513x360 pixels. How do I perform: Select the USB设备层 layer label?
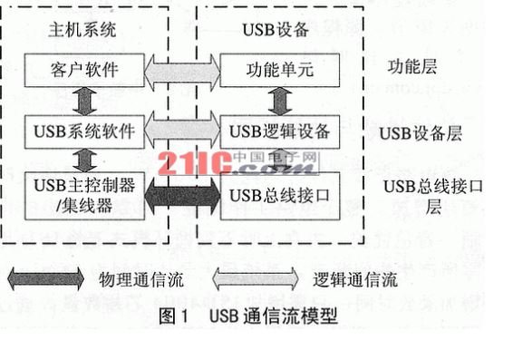tap(420, 133)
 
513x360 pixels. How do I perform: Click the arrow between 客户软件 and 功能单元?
tap(182, 67)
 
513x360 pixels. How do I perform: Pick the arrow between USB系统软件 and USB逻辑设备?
tap(182, 132)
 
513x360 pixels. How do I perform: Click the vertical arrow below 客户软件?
tap(82, 100)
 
